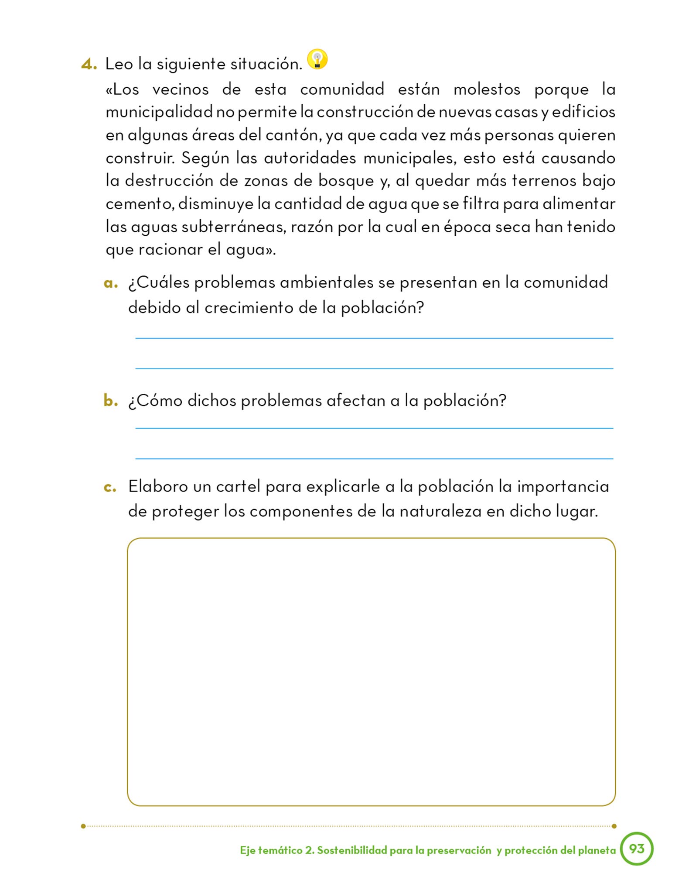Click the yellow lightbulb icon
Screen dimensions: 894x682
[x=317, y=59]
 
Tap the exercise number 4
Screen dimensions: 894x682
[x=88, y=65]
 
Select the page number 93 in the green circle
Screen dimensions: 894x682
[x=636, y=849]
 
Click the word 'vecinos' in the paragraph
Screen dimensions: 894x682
[x=181, y=89]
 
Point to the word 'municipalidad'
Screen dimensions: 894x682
[x=159, y=112]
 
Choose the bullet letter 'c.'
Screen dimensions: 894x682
[x=110, y=487]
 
